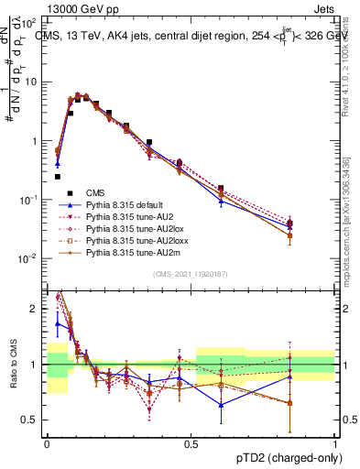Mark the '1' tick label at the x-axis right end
[x=335, y=442]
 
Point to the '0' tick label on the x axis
[x=47, y=442]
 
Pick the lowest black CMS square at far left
[x=57, y=177]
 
